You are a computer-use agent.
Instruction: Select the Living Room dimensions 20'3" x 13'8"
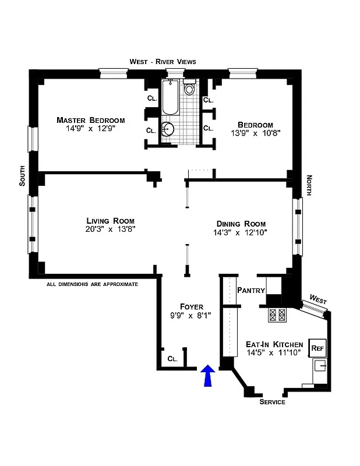click(x=110, y=230)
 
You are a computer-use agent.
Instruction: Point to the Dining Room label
click(x=241, y=224)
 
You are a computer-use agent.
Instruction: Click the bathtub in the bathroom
click(x=171, y=98)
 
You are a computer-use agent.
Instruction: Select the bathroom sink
click(x=168, y=129)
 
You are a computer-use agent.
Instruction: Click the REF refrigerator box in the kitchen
click(x=317, y=348)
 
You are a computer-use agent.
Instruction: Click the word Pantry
click(x=251, y=290)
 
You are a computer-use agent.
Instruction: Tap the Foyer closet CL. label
click(x=172, y=359)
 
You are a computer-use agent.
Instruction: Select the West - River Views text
click(x=163, y=62)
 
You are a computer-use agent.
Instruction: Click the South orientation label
click(x=22, y=176)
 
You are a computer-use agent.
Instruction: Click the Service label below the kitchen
click(x=272, y=403)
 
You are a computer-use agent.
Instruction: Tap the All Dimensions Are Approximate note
click(x=92, y=284)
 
